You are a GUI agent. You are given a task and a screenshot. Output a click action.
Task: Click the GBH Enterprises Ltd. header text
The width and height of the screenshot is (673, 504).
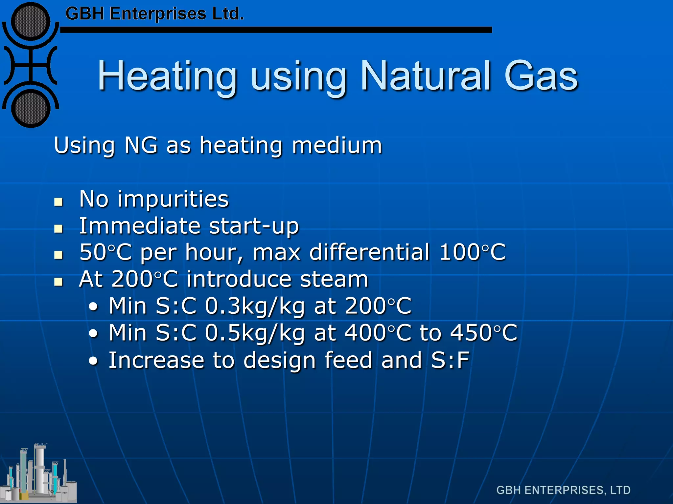154,14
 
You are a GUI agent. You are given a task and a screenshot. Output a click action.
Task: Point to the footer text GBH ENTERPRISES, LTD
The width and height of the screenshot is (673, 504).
563,490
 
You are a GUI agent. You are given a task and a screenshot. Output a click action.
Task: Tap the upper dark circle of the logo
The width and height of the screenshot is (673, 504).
31,22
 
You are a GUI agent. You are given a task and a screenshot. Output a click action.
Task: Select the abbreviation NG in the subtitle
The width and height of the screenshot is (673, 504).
141,145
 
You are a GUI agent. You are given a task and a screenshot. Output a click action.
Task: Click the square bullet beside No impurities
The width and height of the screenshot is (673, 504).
58,201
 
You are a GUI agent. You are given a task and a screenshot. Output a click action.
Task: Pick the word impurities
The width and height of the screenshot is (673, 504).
173,199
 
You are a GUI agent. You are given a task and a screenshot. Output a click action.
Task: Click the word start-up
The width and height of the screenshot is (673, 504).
254,226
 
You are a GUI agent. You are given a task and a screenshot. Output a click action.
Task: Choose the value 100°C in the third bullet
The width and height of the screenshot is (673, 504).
472,252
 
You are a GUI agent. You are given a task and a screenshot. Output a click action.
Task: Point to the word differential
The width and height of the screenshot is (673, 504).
369,252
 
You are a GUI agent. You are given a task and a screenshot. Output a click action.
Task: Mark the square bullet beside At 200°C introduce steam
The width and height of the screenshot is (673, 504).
58,282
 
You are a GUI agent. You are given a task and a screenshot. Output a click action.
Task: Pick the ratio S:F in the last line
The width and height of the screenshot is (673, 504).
450,360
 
